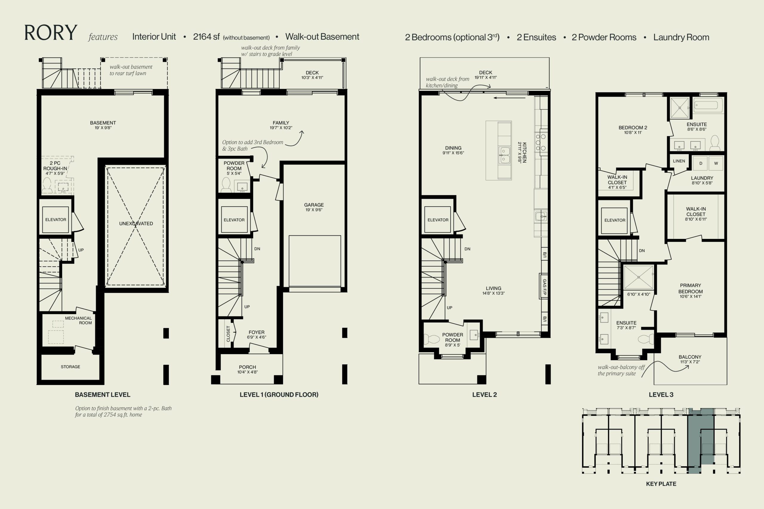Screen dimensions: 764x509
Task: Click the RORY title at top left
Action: click(x=51, y=33)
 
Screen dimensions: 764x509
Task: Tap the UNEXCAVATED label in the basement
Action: click(x=136, y=223)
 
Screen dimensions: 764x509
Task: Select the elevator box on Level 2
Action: click(x=438, y=220)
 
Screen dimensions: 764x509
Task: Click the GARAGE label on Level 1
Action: click(x=314, y=205)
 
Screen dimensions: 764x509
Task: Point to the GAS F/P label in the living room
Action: click(x=544, y=287)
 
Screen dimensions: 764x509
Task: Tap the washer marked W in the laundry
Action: click(x=716, y=163)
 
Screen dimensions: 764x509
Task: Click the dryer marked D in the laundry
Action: click(x=701, y=163)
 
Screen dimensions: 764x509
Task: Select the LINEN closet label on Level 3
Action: click(x=679, y=161)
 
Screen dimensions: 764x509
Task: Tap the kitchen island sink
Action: click(x=504, y=155)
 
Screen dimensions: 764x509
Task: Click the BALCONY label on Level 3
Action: click(x=690, y=357)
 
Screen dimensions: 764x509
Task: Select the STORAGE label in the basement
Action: click(x=70, y=367)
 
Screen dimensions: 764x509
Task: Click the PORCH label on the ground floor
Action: click(x=247, y=367)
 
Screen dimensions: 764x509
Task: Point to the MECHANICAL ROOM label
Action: click(x=78, y=320)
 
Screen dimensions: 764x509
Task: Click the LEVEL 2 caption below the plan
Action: click(x=484, y=395)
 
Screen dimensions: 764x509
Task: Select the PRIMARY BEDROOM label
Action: click(x=691, y=288)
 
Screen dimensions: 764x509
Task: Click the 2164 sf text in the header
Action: click(x=206, y=37)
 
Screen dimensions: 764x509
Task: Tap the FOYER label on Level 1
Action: click(x=257, y=332)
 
